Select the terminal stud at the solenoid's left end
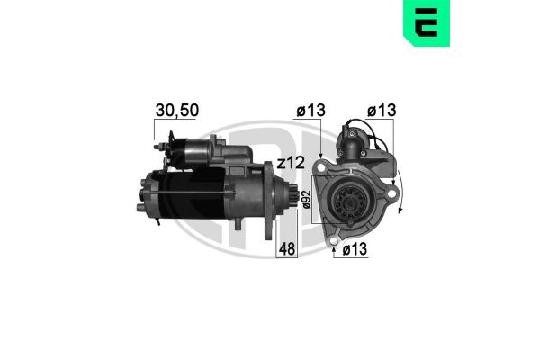pos(159,146)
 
